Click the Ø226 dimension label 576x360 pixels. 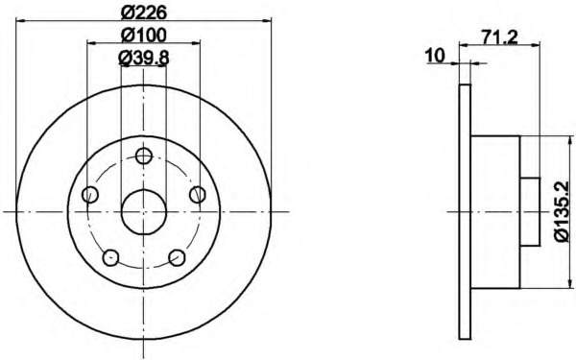(144, 13)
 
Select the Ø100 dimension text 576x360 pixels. (144, 36)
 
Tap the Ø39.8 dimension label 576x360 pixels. (144, 58)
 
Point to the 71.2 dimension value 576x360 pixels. (499, 36)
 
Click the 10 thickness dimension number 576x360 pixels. (435, 56)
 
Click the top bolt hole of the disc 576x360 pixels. (144, 156)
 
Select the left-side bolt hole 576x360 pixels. (90, 194)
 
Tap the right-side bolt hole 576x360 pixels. (198, 194)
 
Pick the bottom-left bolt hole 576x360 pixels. (110, 257)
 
